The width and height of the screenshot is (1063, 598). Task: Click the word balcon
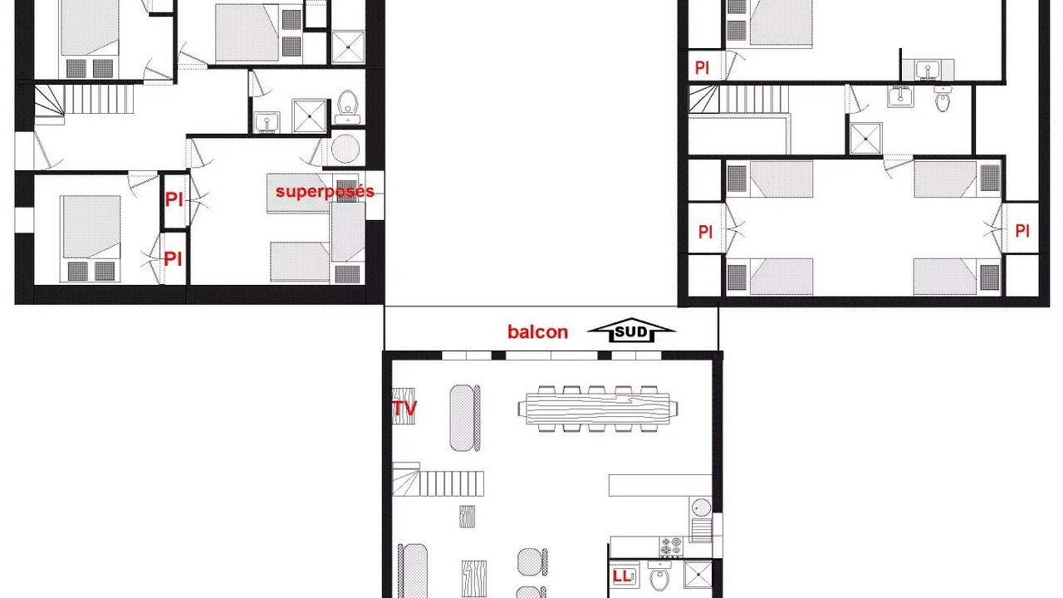point(537,331)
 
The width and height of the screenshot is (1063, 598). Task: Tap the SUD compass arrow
point(631,331)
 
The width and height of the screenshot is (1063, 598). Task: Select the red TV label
point(404,408)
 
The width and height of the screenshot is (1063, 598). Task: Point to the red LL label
point(622,576)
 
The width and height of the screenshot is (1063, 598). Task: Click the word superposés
point(325,192)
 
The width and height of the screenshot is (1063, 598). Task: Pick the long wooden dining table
point(598,409)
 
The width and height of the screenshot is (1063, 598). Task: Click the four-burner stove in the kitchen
point(671,547)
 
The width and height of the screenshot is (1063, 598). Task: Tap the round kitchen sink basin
point(701,507)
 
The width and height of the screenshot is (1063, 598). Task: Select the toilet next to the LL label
point(659,576)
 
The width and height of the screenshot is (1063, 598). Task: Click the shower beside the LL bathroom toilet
point(698,574)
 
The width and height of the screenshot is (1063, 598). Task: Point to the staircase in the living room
point(438,480)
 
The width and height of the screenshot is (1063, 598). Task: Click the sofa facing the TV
point(465,418)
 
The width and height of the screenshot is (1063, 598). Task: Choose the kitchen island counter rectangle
point(660,485)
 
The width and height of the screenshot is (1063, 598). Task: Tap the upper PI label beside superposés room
point(174,199)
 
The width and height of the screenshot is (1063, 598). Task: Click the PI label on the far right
point(1022,231)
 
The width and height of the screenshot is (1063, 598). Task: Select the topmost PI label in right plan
point(702,68)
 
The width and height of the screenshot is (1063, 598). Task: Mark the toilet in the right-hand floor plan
point(943,99)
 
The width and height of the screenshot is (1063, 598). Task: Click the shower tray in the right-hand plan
point(865,139)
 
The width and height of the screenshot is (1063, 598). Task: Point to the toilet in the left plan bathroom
point(347,106)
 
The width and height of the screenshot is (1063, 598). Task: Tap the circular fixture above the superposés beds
point(345,149)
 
